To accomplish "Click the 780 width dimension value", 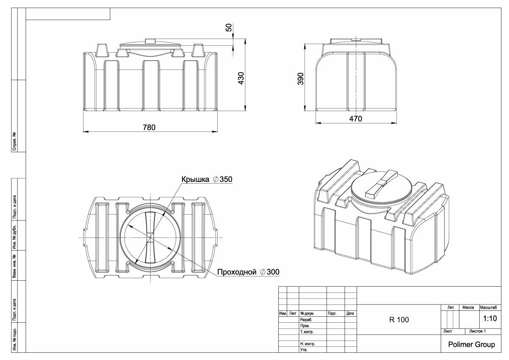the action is [x=149, y=127].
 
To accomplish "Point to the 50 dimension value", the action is [x=229, y=28].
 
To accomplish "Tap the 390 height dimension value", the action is [x=301, y=79].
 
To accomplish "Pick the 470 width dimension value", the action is [x=355, y=119].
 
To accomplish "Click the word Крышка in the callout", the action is [x=195, y=179].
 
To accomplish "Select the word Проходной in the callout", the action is [x=237, y=272].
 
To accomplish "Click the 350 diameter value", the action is [x=227, y=179].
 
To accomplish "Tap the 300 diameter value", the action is [x=273, y=272].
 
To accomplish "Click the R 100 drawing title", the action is [x=399, y=320].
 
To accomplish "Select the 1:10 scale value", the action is [x=490, y=318].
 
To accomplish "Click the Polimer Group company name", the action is [x=471, y=345].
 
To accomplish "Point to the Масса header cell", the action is [x=468, y=307].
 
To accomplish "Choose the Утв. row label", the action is [x=304, y=350].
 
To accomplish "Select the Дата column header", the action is [x=350, y=314].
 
